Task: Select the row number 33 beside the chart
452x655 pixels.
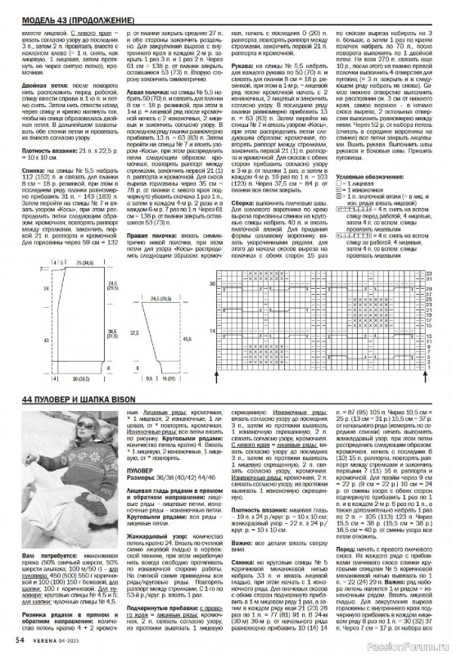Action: (x=427, y=272)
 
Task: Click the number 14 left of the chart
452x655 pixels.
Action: (x=215, y=330)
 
